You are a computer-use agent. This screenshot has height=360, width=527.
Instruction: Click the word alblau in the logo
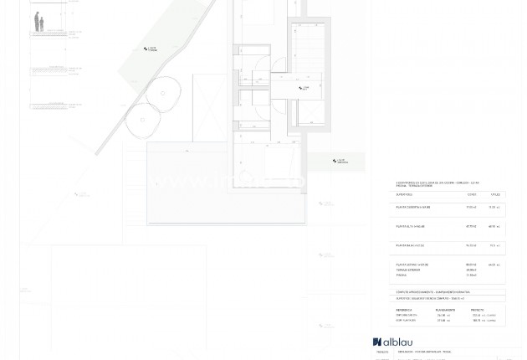398,342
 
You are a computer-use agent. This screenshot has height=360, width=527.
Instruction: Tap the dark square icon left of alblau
377,342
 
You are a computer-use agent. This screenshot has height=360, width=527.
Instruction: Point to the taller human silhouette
37,21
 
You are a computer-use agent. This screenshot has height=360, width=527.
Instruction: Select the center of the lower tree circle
142,121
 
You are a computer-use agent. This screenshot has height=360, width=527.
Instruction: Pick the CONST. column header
473,193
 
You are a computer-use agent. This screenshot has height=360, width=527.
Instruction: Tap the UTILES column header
494,193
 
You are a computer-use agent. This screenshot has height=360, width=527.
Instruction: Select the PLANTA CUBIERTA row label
413,207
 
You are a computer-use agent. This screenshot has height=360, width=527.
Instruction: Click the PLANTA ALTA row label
410,226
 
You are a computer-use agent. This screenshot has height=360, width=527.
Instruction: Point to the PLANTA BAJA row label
411,245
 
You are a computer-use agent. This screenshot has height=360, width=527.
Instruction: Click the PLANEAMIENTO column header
446,309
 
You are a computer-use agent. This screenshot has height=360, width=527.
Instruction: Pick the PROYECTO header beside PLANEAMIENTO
478,309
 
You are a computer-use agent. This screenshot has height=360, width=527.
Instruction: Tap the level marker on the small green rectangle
340,161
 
